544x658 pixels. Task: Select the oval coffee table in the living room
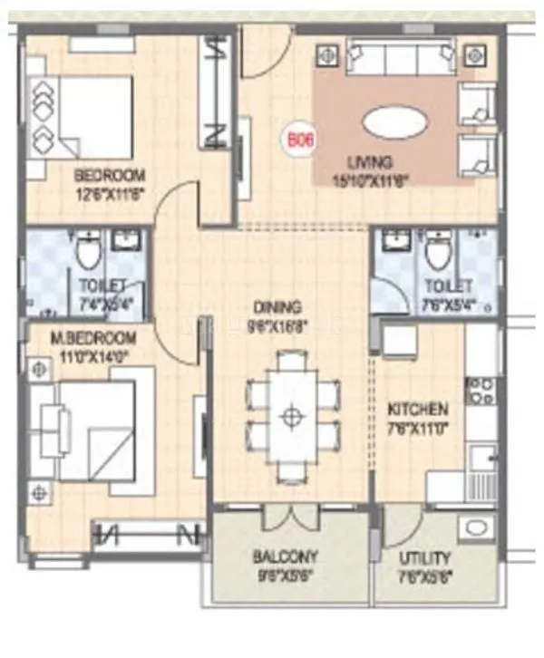[392, 122]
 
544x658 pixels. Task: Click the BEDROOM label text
[110, 175]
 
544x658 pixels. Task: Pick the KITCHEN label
[419, 408]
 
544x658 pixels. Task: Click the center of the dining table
[291, 416]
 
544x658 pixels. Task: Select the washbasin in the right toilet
[394, 242]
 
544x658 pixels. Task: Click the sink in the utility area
[476, 528]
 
